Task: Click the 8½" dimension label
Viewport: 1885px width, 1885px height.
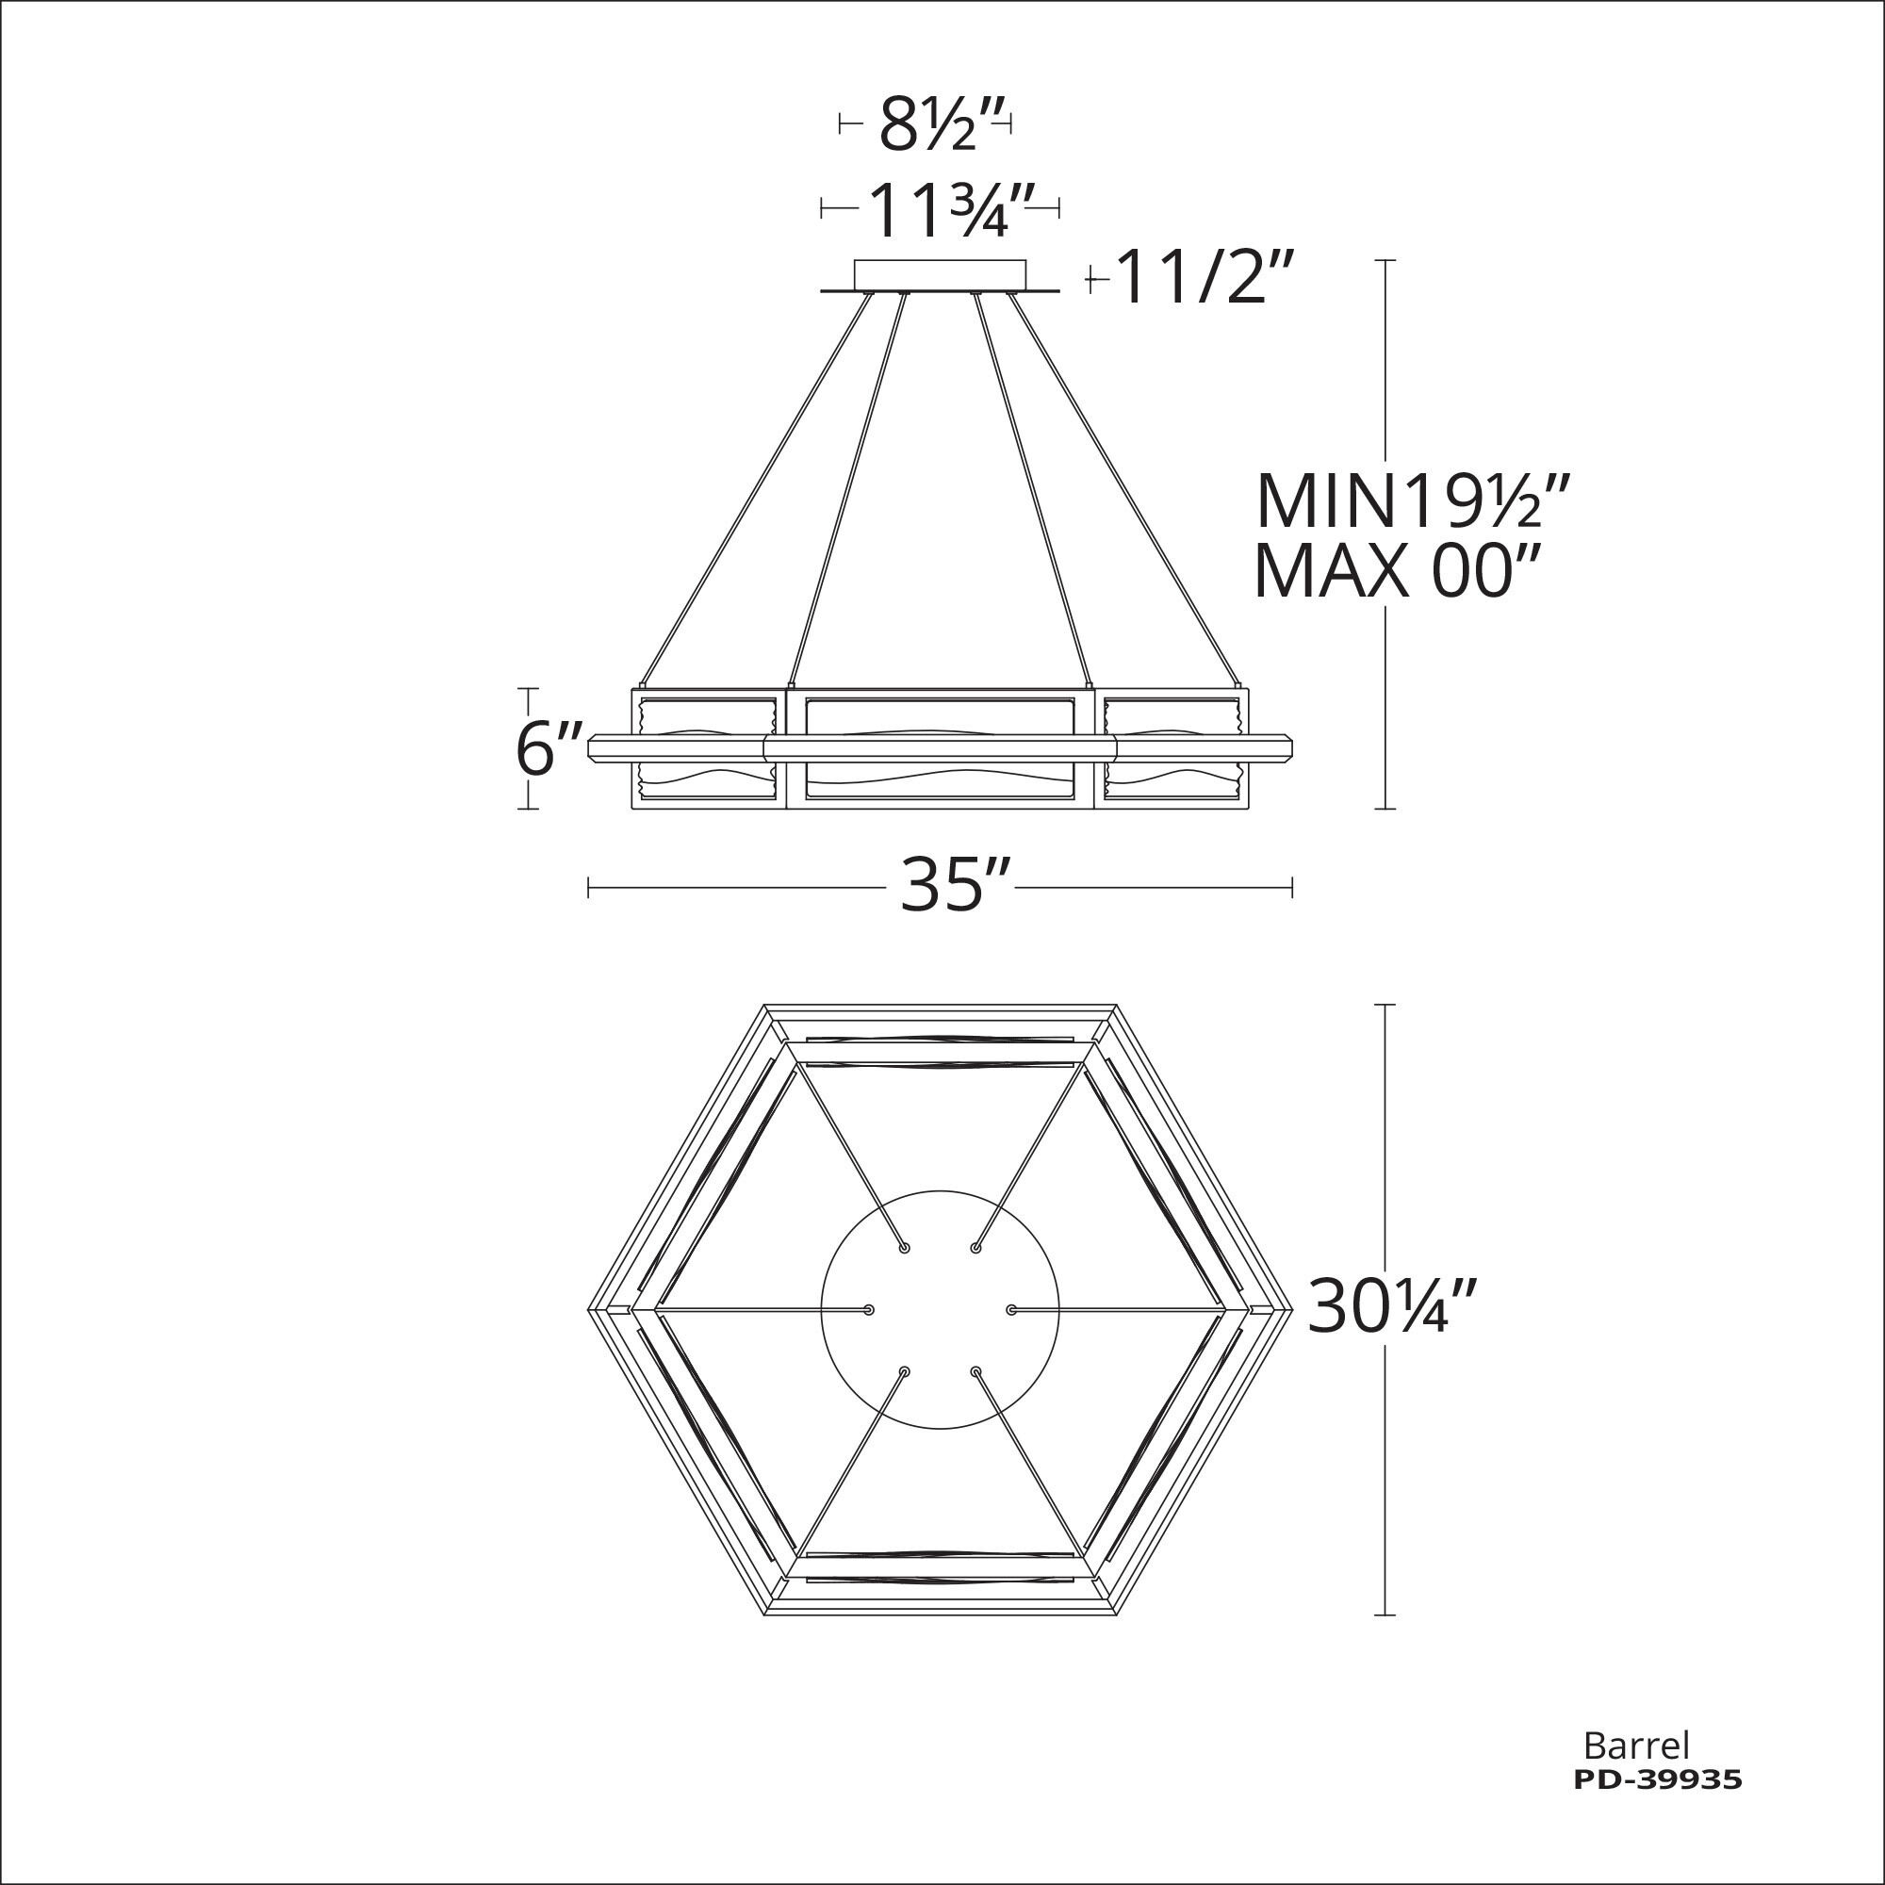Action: point(926,126)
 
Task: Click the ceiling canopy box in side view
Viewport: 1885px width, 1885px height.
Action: point(940,274)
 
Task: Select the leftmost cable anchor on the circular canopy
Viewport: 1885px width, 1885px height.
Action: point(868,1309)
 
